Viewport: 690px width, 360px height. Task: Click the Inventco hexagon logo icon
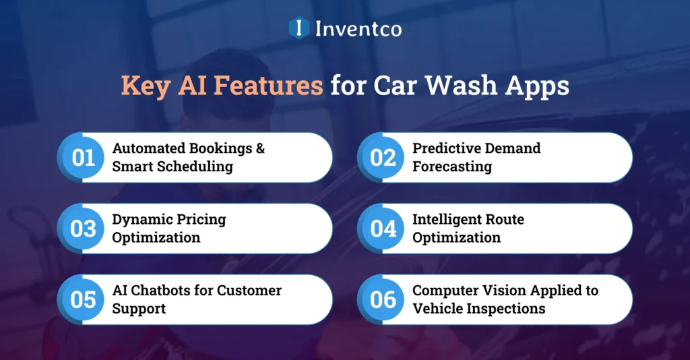(x=298, y=28)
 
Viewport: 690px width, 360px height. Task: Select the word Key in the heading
(x=143, y=88)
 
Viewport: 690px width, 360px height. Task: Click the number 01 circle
(x=83, y=157)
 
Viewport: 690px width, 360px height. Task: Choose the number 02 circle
(x=383, y=157)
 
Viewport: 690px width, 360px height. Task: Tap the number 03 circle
(x=83, y=229)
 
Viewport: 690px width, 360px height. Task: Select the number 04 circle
(x=383, y=229)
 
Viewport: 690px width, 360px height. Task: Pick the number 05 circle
(x=83, y=299)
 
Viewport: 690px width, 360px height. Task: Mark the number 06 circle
(x=383, y=299)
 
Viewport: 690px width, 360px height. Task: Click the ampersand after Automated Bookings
(x=260, y=148)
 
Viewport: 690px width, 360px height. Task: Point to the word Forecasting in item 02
(x=452, y=167)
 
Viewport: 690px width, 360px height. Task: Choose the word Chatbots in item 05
(x=163, y=291)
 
